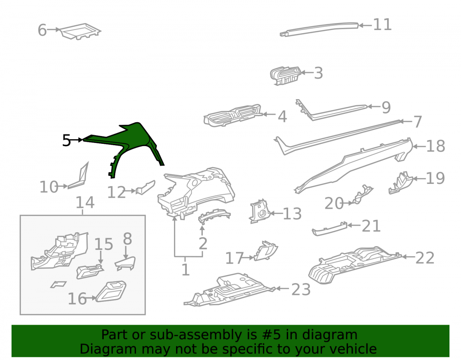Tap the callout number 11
pos(382,25)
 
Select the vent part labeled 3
pos(285,76)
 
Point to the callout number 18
pos(436,146)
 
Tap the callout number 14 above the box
pos(85,202)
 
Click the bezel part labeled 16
pos(111,291)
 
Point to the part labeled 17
pos(266,251)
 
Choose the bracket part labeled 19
pos(401,183)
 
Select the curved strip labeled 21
pos(329,229)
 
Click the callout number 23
pos(301,289)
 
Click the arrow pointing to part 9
pos(374,106)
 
